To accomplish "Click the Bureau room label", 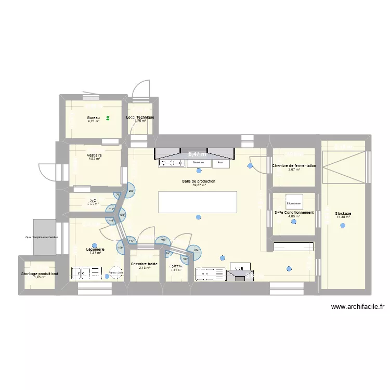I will pyautogui.click(x=94, y=118).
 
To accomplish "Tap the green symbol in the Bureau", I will pyautogui.click(x=108, y=119).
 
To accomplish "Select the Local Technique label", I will pyautogui.click(x=140, y=118).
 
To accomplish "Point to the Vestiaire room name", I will pyautogui.click(x=94, y=155).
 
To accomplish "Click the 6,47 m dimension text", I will pyautogui.click(x=197, y=154).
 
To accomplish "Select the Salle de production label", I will pyautogui.click(x=199, y=181).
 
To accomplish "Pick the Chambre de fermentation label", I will pyautogui.click(x=294, y=166).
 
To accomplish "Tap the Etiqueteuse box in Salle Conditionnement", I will pyautogui.click(x=293, y=203).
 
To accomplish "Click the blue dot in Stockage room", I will pyautogui.click(x=343, y=225).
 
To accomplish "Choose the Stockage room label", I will pyautogui.click(x=343, y=214).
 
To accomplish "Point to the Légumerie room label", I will pyautogui.click(x=95, y=250).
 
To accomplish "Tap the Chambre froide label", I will pyautogui.click(x=144, y=264).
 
